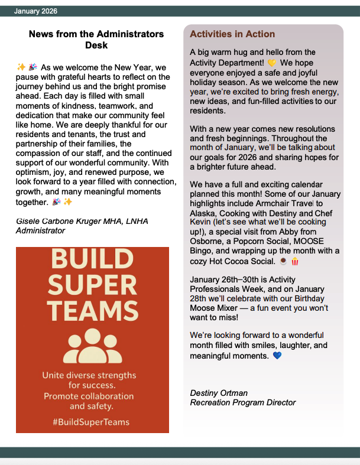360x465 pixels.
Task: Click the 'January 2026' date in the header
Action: pos(35,11)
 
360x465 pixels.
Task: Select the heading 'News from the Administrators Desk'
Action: pos(96,40)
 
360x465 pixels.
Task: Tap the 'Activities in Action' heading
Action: pos(232,34)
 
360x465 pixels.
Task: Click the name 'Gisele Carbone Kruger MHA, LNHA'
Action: pos(82,221)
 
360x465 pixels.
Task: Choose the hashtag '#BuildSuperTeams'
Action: pos(91,422)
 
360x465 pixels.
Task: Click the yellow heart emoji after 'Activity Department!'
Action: pos(272,62)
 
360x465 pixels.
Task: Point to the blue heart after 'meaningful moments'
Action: pos(277,356)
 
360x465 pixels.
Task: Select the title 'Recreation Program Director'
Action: pos(242,402)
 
